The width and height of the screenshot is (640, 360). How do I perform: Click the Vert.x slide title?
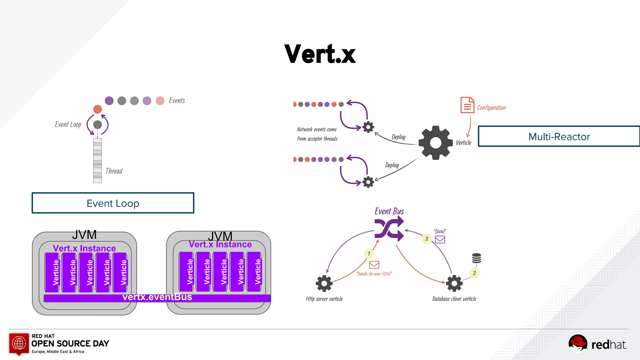click(320, 54)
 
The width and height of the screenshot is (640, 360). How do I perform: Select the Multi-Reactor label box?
click(559, 137)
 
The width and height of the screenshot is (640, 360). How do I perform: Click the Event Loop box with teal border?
click(113, 203)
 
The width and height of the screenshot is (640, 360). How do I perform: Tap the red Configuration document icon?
click(467, 105)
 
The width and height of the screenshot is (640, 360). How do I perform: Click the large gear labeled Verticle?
click(436, 143)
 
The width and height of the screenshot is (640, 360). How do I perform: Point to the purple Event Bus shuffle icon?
click(389, 229)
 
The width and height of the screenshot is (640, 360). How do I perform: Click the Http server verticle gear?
click(324, 283)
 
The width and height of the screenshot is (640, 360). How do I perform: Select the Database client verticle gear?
click(454, 283)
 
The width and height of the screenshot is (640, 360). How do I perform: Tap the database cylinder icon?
click(476, 258)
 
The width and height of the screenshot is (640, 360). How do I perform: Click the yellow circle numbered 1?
click(369, 253)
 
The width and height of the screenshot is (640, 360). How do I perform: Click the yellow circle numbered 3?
click(427, 239)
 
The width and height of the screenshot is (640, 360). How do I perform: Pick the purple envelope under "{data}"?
click(440, 240)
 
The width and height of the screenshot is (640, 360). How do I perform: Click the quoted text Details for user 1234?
click(374, 274)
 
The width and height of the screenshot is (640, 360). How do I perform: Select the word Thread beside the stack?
click(114, 171)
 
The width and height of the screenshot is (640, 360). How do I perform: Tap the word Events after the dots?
click(177, 101)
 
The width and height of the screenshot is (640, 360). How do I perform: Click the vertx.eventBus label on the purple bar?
click(157, 297)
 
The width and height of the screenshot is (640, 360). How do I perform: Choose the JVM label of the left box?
click(84, 235)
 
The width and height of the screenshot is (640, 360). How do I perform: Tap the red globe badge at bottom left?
click(19, 343)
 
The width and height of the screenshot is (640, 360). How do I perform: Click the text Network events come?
click(317, 129)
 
